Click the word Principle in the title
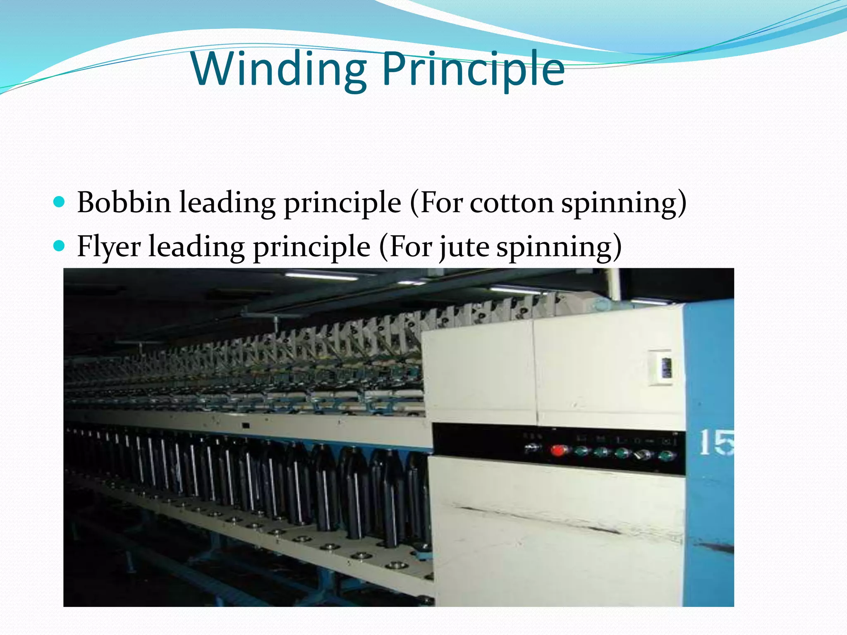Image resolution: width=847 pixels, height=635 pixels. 473,69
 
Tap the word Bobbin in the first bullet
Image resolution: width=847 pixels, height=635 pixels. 124,203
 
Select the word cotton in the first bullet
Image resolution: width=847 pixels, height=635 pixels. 511,203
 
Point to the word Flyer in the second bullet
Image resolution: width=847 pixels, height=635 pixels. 109,247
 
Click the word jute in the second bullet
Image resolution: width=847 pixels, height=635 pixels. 464,247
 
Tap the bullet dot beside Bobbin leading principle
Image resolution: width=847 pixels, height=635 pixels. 60,202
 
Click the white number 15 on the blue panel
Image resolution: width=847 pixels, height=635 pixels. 716,443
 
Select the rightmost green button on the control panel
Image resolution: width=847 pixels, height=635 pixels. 665,456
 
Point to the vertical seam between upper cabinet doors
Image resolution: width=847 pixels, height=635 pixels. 534,372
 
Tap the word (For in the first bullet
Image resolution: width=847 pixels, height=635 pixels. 435,203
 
